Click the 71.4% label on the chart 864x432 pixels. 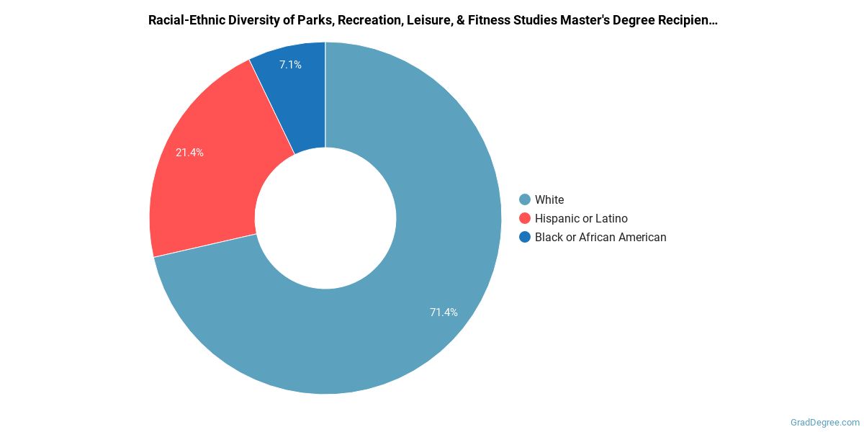444,312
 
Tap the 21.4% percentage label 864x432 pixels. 189,153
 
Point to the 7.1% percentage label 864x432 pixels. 290,65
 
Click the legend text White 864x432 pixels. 549,199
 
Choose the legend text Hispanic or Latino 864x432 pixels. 581,218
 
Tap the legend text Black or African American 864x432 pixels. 600,237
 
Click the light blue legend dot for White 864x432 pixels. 524,199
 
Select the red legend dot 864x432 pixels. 524,218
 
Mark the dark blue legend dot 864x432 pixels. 524,237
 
